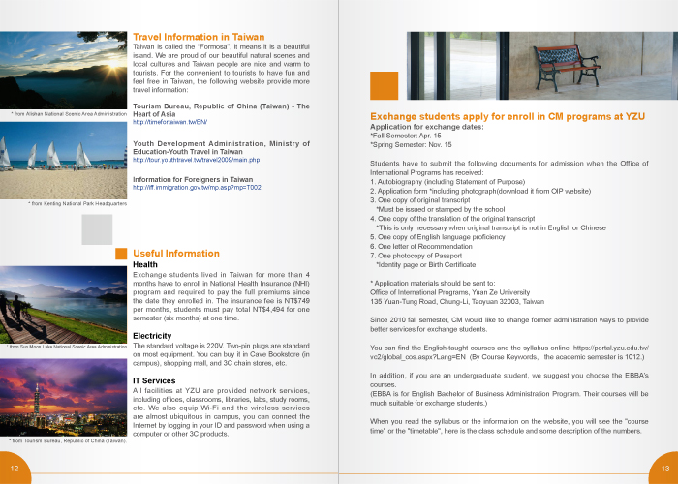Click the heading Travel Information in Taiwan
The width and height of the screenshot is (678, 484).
coord(199,37)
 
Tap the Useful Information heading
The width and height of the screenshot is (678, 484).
coord(176,254)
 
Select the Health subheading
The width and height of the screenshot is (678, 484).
coord(145,264)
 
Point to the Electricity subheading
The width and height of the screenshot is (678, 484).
coord(152,336)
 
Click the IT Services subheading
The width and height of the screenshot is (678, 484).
coord(154,380)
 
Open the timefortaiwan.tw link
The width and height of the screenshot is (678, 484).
coord(169,122)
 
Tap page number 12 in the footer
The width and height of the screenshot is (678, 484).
coord(15,469)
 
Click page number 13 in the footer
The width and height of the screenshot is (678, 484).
coord(663,469)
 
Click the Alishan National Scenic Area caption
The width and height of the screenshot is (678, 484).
coord(69,114)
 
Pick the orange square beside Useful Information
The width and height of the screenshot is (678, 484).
coord(122,254)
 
